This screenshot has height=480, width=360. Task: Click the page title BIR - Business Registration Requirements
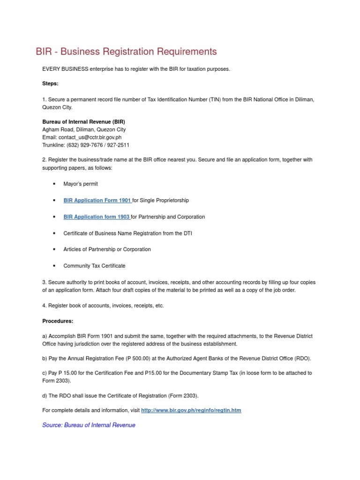127,52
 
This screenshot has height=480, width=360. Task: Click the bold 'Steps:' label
50,83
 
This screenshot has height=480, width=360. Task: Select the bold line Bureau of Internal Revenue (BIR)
84,121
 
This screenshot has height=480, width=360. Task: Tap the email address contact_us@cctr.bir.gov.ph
93,137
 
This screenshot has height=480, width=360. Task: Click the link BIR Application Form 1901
97,200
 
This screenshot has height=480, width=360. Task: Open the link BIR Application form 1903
97,217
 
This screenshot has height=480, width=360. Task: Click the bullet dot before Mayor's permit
55,184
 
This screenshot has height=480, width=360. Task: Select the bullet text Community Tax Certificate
94,266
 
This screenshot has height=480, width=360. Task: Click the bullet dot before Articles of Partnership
55,249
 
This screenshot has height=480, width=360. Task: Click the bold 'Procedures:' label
58,321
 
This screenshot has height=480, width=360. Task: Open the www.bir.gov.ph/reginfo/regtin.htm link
191,410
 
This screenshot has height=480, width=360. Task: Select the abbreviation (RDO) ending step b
302,359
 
